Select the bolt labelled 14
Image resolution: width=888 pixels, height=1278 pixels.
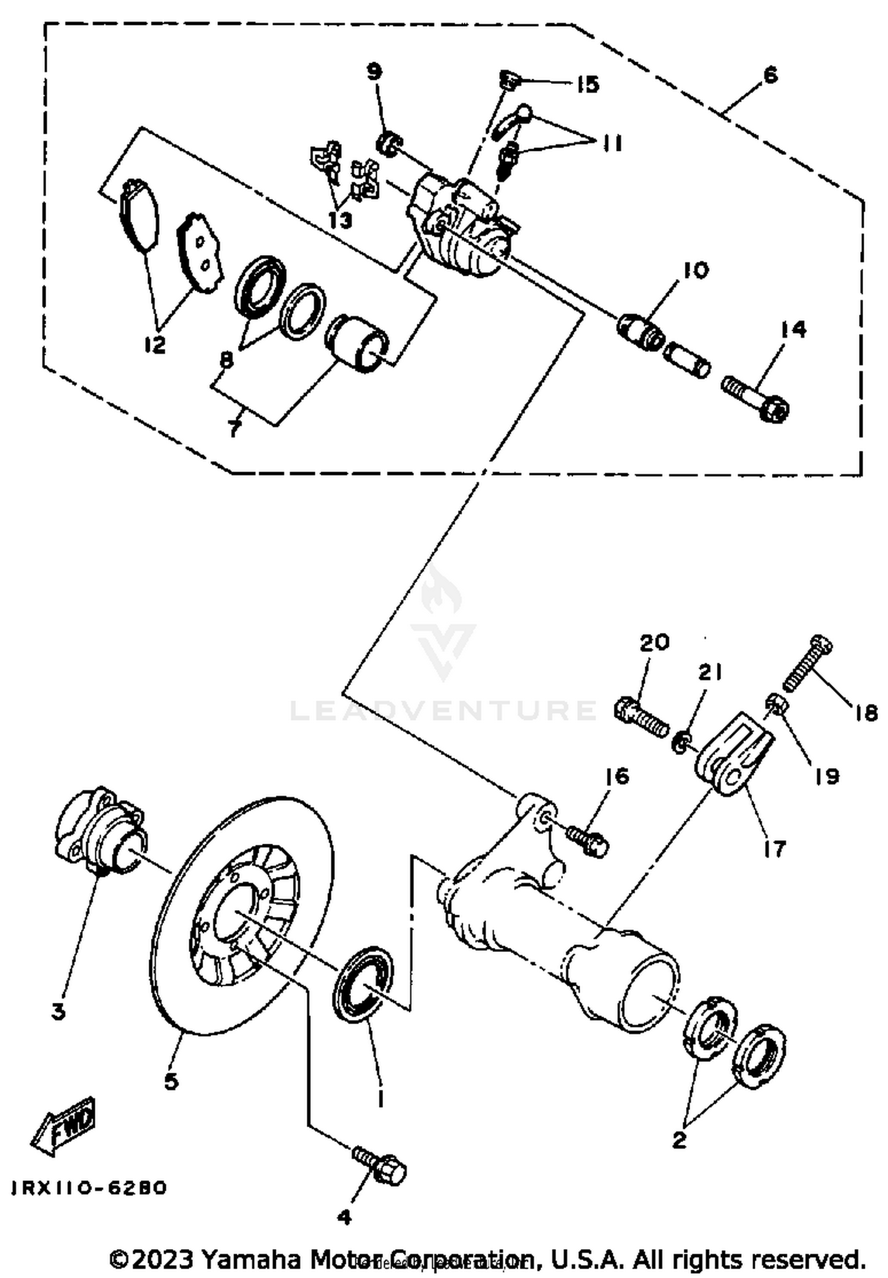(x=755, y=398)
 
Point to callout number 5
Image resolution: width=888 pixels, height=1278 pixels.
(x=170, y=1081)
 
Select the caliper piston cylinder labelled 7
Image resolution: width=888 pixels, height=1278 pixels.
(x=359, y=343)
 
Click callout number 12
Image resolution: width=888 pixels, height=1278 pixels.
(x=155, y=344)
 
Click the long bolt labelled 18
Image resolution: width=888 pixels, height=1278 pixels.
(x=808, y=664)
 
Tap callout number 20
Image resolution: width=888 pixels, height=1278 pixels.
(x=654, y=642)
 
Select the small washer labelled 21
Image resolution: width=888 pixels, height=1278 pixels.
(x=681, y=743)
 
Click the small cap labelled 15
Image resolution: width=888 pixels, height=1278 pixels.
(x=509, y=79)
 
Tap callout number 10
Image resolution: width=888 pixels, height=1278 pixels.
(x=696, y=270)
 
